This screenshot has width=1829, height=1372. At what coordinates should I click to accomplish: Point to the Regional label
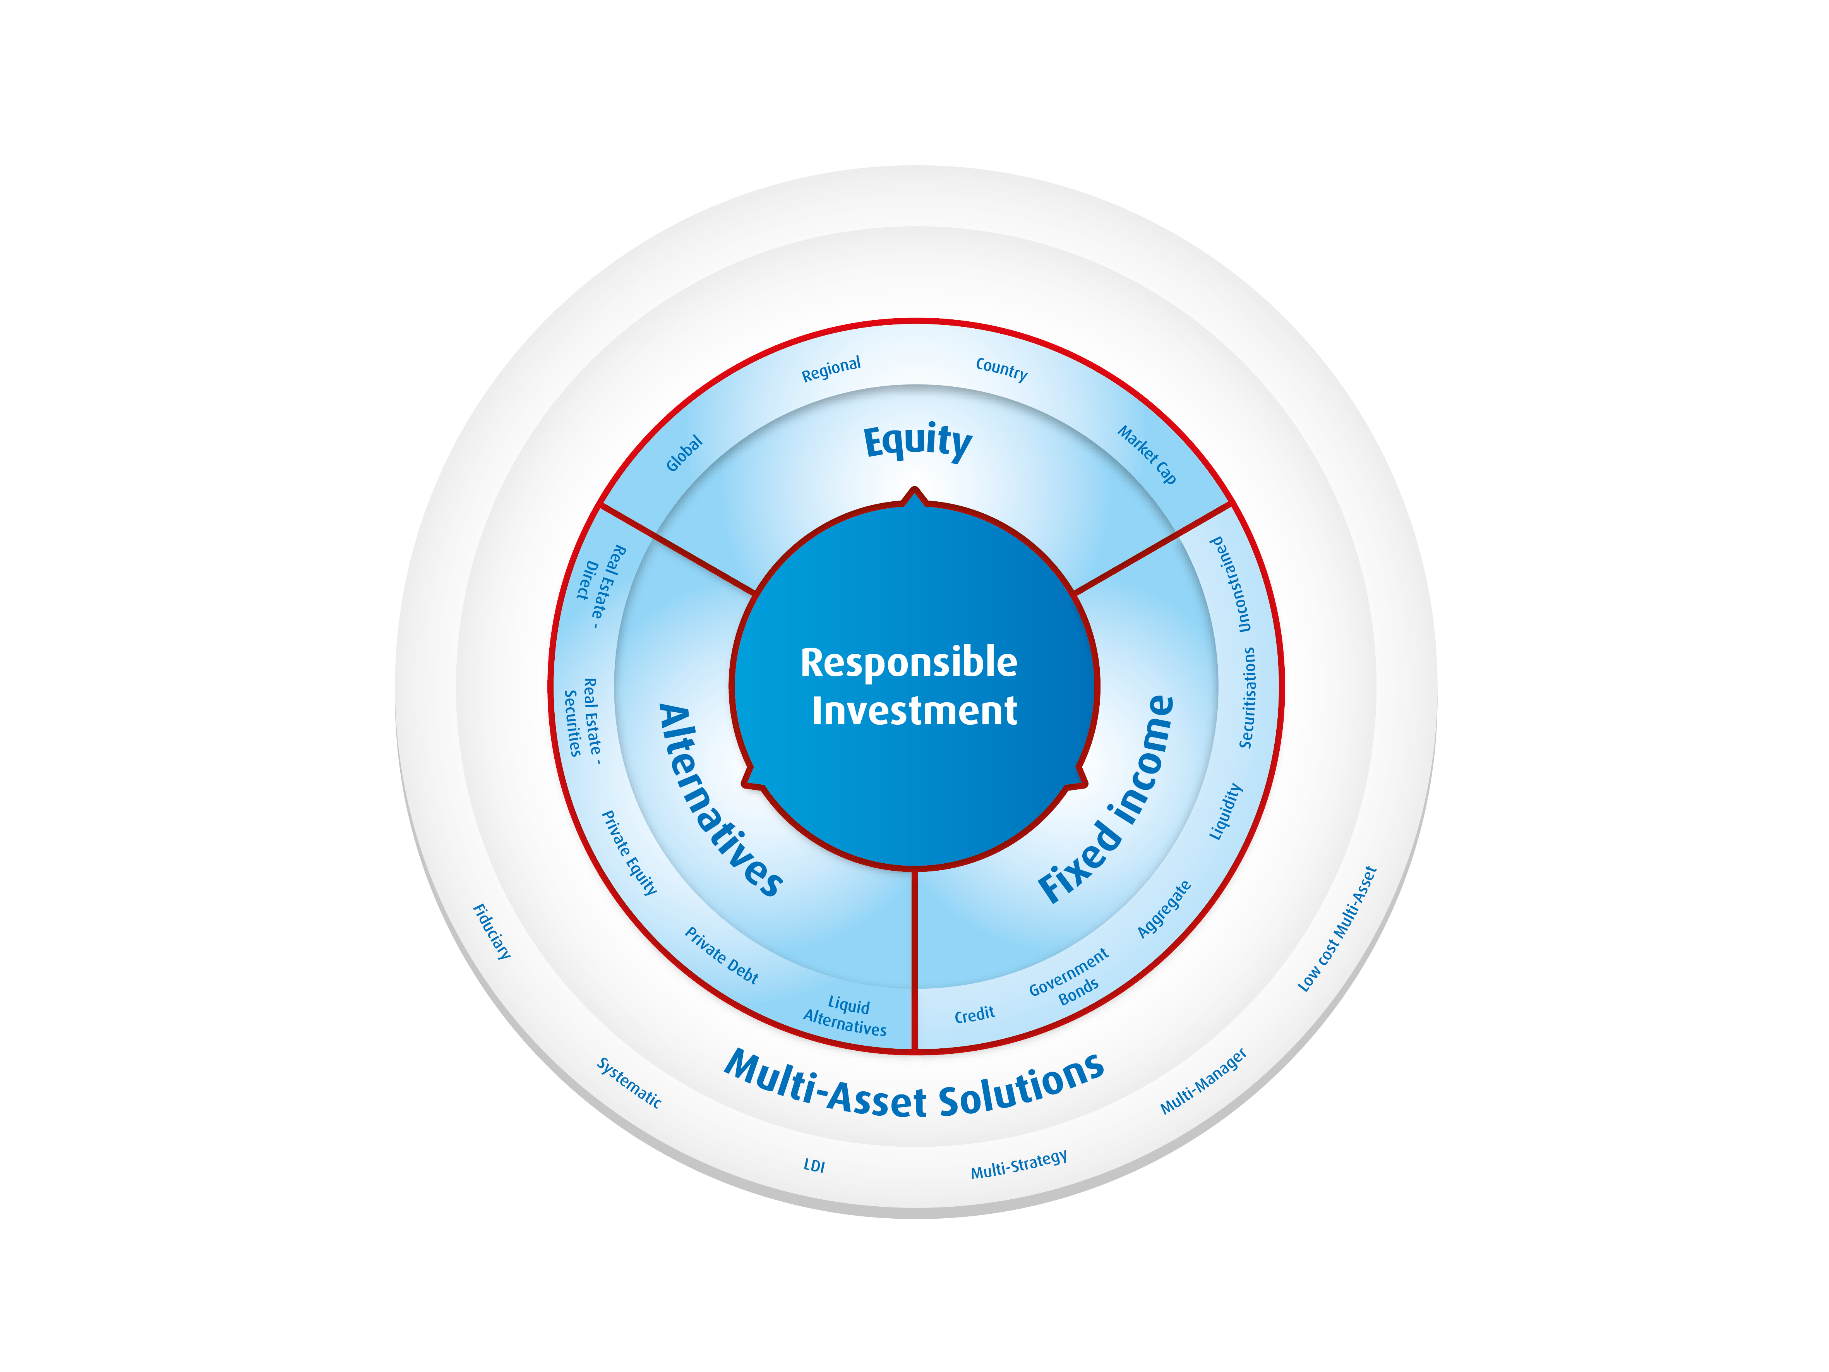click(x=831, y=369)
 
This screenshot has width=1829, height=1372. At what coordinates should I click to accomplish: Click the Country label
click(x=1001, y=369)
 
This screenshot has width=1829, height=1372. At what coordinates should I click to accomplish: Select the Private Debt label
click(x=721, y=955)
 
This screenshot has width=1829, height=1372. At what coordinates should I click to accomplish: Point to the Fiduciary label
click(x=492, y=931)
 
